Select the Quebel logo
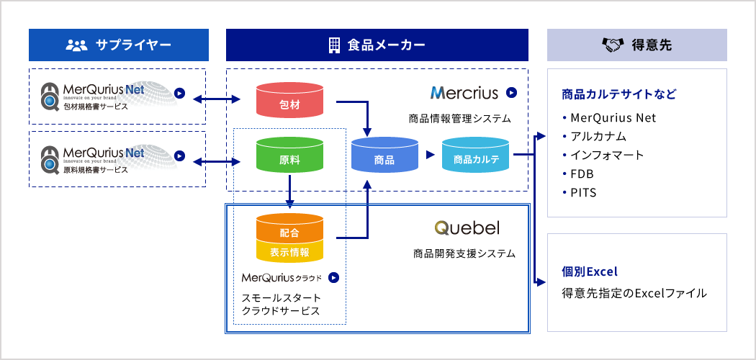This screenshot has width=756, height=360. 467,228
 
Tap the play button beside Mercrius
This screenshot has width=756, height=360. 511,92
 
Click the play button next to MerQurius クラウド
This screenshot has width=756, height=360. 333,277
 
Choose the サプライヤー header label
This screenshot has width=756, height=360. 133,45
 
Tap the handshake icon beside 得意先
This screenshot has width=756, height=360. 611,45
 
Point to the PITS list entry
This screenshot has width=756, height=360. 583,193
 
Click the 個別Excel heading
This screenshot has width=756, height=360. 590,272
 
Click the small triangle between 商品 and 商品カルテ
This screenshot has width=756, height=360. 431,154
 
